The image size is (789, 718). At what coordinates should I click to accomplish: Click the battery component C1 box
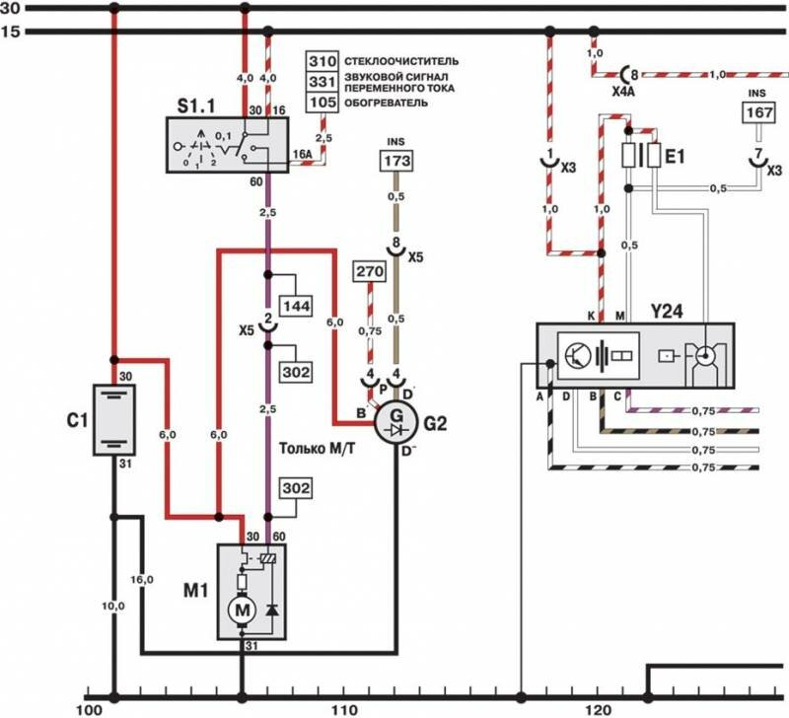[114, 418]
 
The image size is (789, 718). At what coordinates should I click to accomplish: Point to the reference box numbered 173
[395, 161]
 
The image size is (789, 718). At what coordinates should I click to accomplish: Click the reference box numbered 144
[297, 307]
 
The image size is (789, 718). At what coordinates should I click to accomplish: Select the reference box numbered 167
[758, 114]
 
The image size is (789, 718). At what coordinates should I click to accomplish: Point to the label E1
[677, 156]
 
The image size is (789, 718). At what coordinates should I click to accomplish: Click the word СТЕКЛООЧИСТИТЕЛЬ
[398, 61]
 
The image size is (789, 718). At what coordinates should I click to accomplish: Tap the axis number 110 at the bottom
[344, 708]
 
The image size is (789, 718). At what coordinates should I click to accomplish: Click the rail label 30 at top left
[13, 8]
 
